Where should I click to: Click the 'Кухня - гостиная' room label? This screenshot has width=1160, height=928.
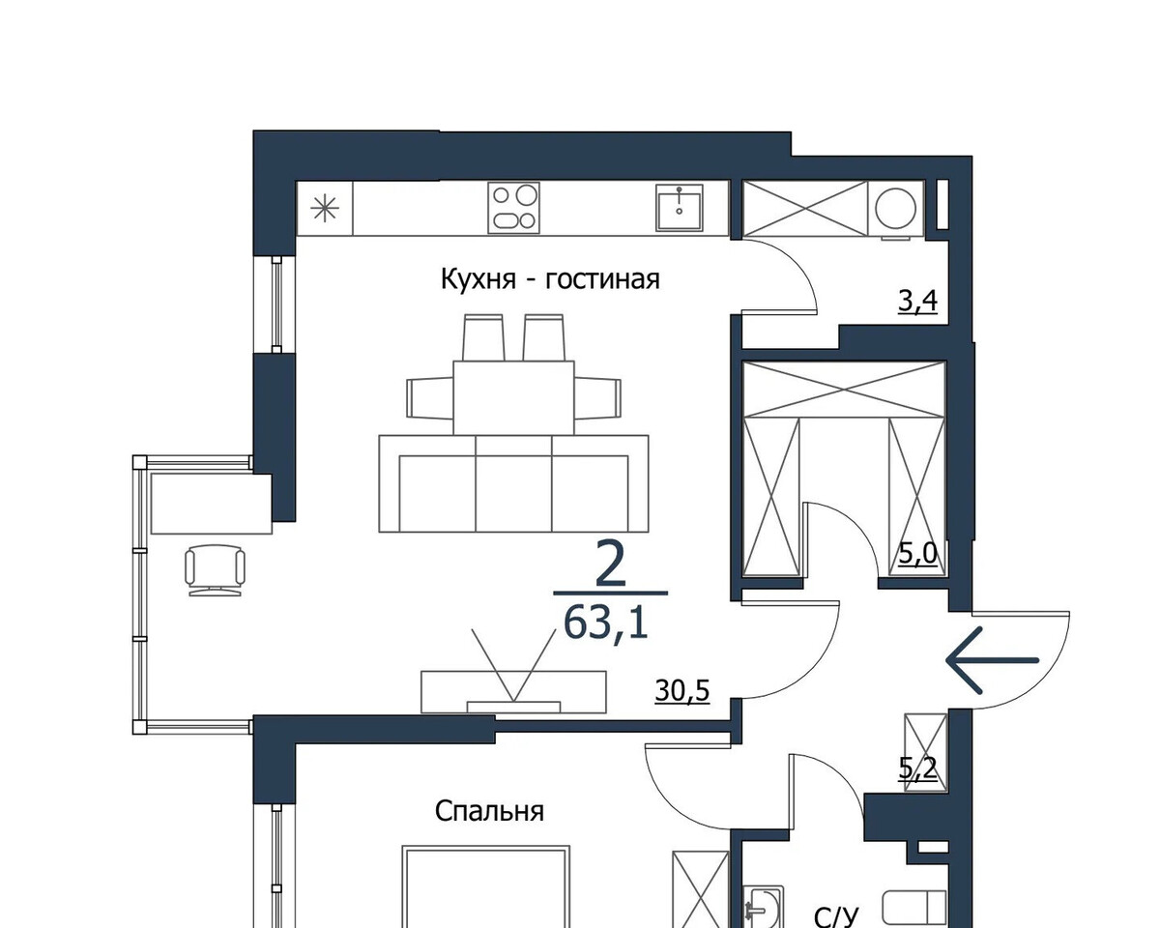pyautogui.click(x=550, y=280)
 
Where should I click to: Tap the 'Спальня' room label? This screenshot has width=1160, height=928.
pyautogui.click(x=489, y=811)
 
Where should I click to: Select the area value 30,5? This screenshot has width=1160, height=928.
pyautogui.click(x=682, y=691)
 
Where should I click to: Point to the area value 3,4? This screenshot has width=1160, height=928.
pyautogui.click(x=917, y=301)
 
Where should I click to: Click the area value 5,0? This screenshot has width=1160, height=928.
pyautogui.click(x=918, y=554)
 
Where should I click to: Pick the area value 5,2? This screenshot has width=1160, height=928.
pyautogui.click(x=918, y=768)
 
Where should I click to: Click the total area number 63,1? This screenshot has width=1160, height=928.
pyautogui.click(x=605, y=623)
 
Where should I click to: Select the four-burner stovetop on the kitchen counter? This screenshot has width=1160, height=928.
pyautogui.click(x=513, y=208)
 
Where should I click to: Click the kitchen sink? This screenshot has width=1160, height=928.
pyautogui.click(x=680, y=208)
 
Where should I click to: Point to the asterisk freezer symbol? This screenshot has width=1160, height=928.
pyautogui.click(x=325, y=209)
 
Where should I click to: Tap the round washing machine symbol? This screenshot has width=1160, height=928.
pyautogui.click(x=895, y=209)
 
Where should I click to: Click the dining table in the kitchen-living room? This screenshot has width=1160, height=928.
pyautogui.click(x=513, y=398)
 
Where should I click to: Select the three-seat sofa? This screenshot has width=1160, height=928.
pyautogui.click(x=513, y=483)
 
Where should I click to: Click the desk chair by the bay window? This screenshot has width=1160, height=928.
pyautogui.click(x=215, y=570)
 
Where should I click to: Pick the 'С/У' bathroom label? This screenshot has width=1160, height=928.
pyautogui.click(x=835, y=916)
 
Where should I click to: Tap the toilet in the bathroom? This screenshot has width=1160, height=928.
pyautogui.click(x=914, y=907)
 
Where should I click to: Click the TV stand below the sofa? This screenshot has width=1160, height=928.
pyautogui.click(x=513, y=692)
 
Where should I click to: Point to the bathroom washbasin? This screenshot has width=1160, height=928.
pyautogui.click(x=762, y=908)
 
